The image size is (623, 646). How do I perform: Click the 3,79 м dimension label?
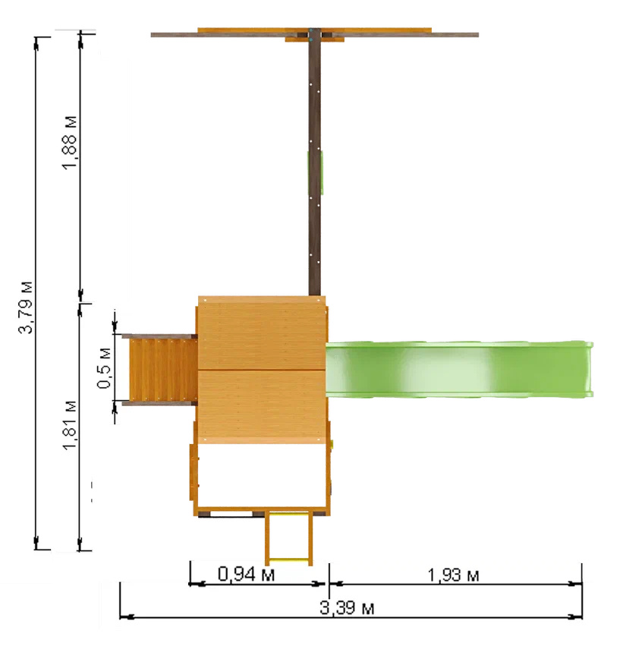pyautogui.click(x=27, y=307)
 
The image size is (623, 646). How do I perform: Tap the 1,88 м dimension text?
pyautogui.click(x=70, y=143)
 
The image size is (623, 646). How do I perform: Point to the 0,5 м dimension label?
pyautogui.click(x=105, y=368)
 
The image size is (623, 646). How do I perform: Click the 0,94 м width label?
pyautogui.click(x=246, y=574)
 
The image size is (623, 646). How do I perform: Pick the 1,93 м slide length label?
pyautogui.click(x=453, y=575)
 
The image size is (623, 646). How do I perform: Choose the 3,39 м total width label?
pyautogui.click(x=347, y=608)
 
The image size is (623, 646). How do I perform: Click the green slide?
pyautogui.click(x=459, y=369)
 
